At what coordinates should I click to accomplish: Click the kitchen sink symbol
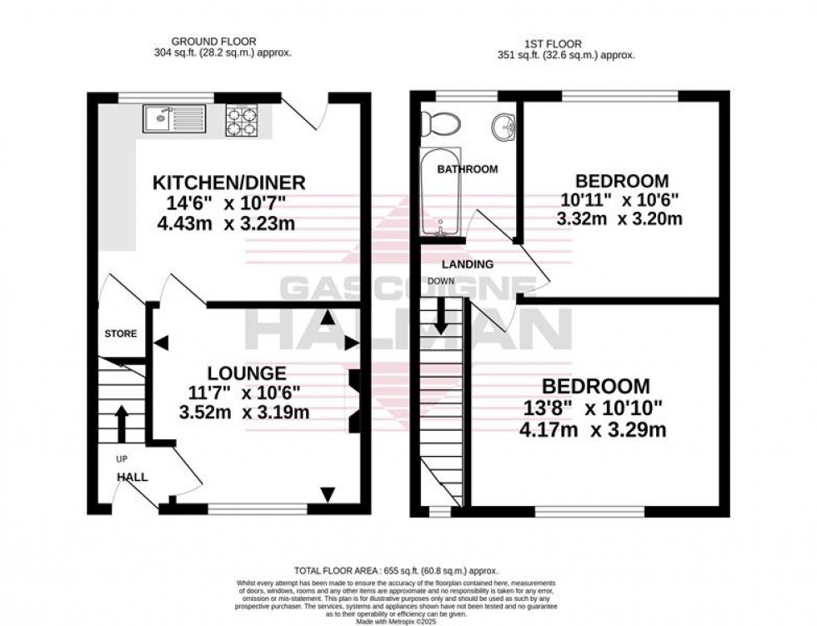pos(169,118)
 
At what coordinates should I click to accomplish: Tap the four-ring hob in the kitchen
pos(242,119)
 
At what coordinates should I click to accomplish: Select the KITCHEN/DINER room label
pos(228,183)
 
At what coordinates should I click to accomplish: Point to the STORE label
pos(120,334)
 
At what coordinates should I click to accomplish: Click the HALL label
pos(132,478)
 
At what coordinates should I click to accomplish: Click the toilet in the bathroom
pos(439,125)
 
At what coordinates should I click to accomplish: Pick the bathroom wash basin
pos(503,128)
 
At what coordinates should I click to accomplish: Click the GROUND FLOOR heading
pos(213,41)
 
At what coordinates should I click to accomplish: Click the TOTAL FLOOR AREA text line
pos(408,567)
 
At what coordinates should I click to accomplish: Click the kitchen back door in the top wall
pos(303,112)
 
